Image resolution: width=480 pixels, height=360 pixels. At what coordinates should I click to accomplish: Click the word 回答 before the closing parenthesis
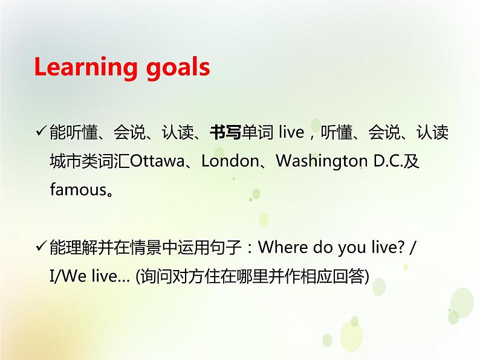coord(349,277)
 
